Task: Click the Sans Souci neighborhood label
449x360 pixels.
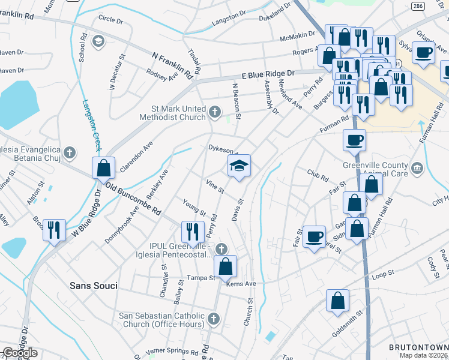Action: coord(92,285)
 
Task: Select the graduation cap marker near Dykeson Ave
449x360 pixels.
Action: coord(239,166)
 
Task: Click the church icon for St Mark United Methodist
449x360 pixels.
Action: coord(215,111)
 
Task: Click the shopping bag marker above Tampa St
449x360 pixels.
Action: coord(225,266)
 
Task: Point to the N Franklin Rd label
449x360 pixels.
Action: coord(175,64)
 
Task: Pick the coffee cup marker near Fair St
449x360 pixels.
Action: coord(315,236)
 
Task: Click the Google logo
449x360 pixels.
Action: coord(20,353)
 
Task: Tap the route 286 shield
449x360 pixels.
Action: coord(418,6)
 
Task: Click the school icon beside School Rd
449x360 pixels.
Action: coord(98,41)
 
